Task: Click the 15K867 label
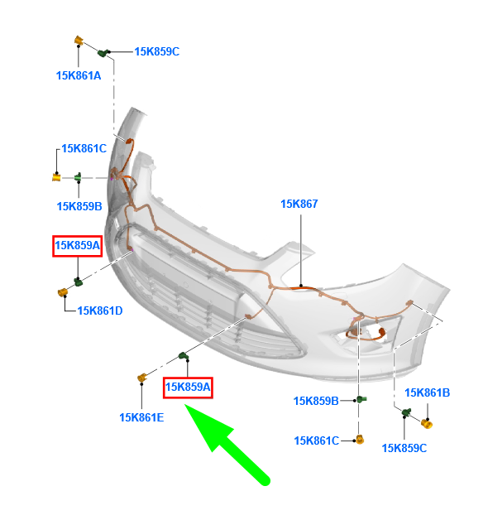299,204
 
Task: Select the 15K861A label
79,75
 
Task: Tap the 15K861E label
141,417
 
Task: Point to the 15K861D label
100,311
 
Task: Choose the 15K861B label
427,392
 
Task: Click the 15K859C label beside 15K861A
156,51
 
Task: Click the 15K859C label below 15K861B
404,448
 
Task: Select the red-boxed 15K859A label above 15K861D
77,245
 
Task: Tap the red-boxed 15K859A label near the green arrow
188,387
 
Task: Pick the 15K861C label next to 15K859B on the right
317,441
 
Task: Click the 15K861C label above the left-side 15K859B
84,148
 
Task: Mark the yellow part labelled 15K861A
79,40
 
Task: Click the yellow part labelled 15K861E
142,378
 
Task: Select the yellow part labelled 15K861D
63,292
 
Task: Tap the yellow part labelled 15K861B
427,423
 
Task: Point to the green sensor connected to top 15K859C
103,52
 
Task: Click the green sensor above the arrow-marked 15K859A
184,356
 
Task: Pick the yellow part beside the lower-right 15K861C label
360,440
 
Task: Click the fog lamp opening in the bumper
368,334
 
